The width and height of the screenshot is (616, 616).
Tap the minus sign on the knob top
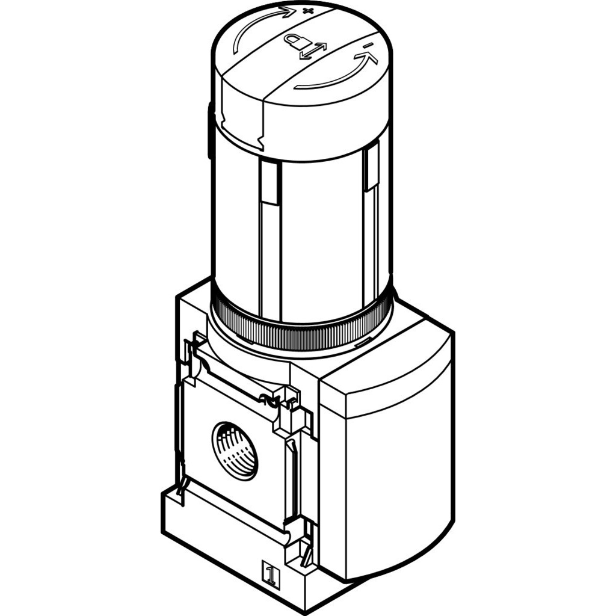coord(367,46)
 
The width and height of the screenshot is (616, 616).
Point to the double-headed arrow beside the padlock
coord(313,52)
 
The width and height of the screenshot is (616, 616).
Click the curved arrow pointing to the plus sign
coord(255,23)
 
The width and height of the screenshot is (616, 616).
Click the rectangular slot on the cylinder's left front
coord(269,183)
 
